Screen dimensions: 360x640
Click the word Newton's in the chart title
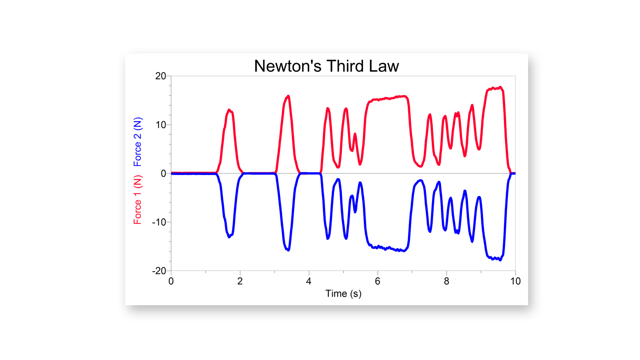pyautogui.click(x=287, y=66)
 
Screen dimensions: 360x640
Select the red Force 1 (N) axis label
pyautogui.click(x=137, y=200)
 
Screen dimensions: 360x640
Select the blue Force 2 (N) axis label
pyautogui.click(x=137, y=142)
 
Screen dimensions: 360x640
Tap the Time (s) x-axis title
pyautogui.click(x=343, y=293)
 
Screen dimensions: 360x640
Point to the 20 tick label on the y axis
pyautogui.click(x=161, y=76)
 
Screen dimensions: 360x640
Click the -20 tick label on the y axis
pyautogui.click(x=159, y=271)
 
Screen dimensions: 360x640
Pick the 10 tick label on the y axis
pyautogui.click(x=161, y=125)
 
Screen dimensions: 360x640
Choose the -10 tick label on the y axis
pyautogui.click(x=159, y=222)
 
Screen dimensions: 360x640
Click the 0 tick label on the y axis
pyautogui.click(x=163, y=173)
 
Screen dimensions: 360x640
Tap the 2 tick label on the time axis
pyautogui.click(x=240, y=281)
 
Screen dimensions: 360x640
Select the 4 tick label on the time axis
pyautogui.click(x=309, y=281)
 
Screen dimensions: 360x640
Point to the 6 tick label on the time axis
pyautogui.click(x=377, y=281)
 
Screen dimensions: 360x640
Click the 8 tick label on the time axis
pyautogui.click(x=447, y=281)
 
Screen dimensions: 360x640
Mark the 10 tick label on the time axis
pyautogui.click(x=515, y=281)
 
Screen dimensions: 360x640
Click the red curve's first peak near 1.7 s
pyautogui.click(x=229, y=110)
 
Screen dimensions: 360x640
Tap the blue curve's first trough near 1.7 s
pyautogui.click(x=229, y=237)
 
